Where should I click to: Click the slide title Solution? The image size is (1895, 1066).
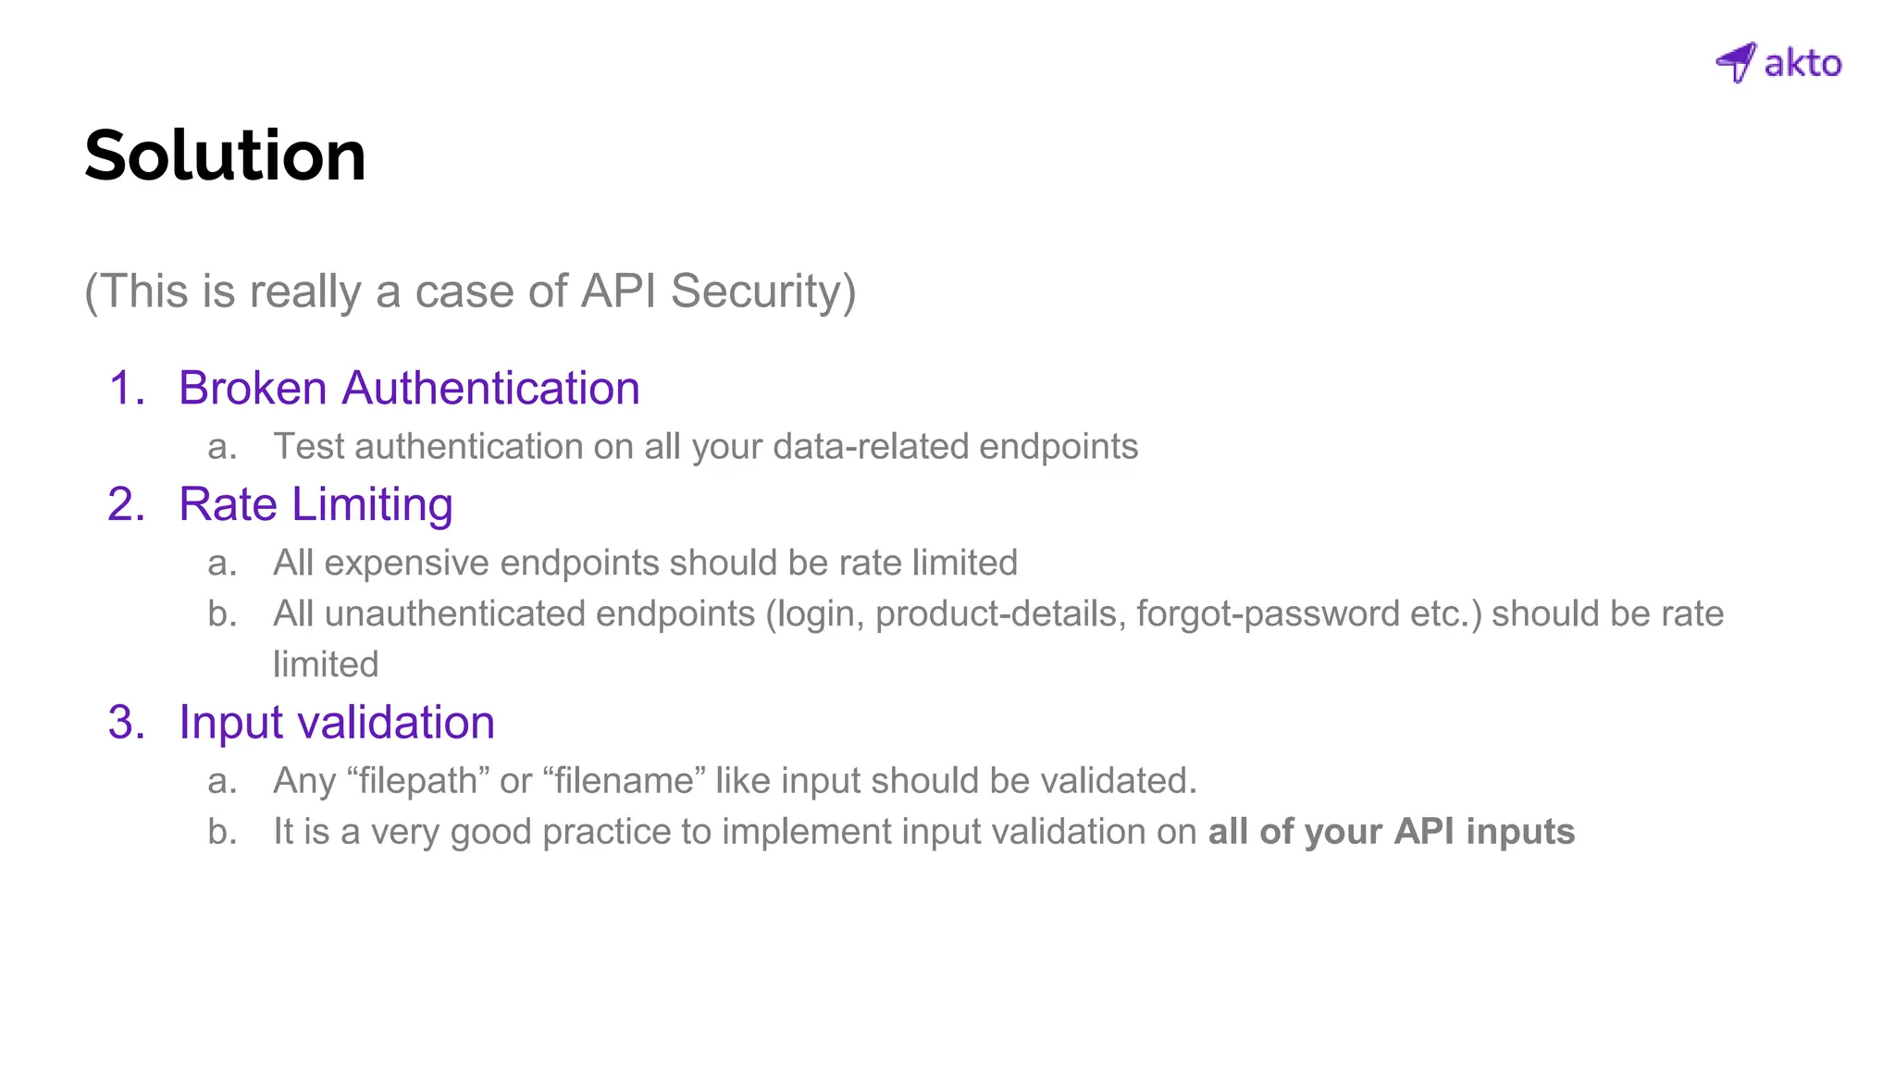point(225,155)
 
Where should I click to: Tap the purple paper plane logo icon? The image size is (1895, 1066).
point(1736,62)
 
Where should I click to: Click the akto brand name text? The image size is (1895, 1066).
point(1802,64)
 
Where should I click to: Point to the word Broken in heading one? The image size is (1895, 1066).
point(253,388)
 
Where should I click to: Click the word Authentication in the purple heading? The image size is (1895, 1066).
point(490,388)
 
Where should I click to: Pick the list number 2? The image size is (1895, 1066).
point(126,505)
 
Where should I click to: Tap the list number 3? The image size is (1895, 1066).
point(126,723)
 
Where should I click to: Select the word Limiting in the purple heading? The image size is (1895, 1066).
point(372,505)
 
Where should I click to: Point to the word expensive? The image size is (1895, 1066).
point(406,563)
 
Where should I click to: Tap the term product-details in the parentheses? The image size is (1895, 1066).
point(996,614)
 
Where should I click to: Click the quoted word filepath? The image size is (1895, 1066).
point(418,781)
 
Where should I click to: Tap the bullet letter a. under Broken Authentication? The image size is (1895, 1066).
point(222,447)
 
